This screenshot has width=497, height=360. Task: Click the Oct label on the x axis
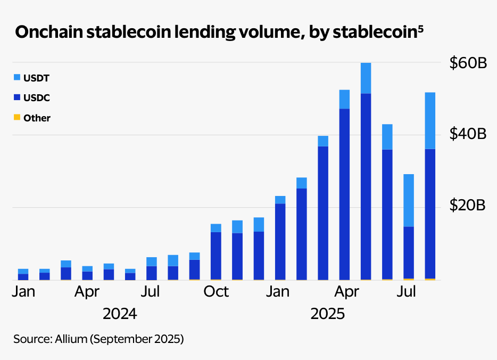(216, 292)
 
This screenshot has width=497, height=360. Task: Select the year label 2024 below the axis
(120, 314)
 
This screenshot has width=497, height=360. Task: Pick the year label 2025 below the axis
(328, 314)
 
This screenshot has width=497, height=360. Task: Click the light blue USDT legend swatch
(16, 78)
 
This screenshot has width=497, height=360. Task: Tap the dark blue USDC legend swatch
(16, 97)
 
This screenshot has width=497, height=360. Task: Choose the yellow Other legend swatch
(16, 117)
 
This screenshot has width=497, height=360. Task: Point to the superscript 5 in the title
(420, 27)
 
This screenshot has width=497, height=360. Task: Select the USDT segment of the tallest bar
(366, 78)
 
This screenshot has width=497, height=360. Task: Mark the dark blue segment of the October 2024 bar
(216, 255)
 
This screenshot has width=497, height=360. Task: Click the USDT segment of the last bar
(430, 120)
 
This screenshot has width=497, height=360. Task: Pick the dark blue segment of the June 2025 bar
(387, 214)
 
